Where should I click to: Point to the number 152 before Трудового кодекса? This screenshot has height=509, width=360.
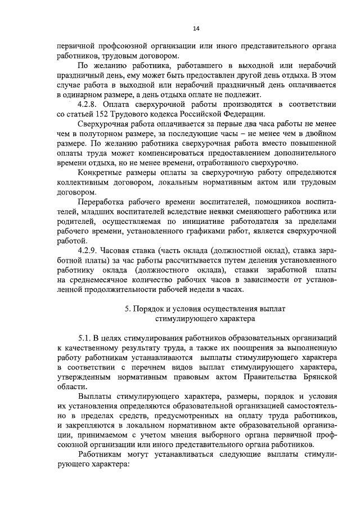pos(104,115)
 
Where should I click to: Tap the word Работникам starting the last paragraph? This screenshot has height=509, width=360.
pos(103,456)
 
